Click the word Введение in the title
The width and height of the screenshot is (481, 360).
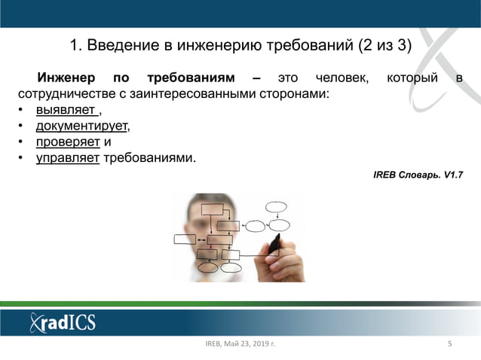tap(121, 45)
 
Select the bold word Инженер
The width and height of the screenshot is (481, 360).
tap(66, 78)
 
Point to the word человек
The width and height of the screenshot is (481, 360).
tap(342, 78)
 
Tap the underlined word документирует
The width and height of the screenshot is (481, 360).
tap(81, 126)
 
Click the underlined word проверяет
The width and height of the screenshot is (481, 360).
tap(68, 142)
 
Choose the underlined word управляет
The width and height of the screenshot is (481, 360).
tap(68, 157)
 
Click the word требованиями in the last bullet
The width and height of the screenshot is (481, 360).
tap(149, 157)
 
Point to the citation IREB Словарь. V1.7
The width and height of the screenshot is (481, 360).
tap(418, 175)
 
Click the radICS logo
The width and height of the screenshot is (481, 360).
tap(63, 322)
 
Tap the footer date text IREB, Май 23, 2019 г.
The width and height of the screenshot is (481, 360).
tap(240, 345)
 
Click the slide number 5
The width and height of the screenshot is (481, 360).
tap(449, 345)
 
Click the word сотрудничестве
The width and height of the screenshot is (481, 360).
tap(63, 95)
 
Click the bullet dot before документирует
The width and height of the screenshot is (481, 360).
tap(22, 127)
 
